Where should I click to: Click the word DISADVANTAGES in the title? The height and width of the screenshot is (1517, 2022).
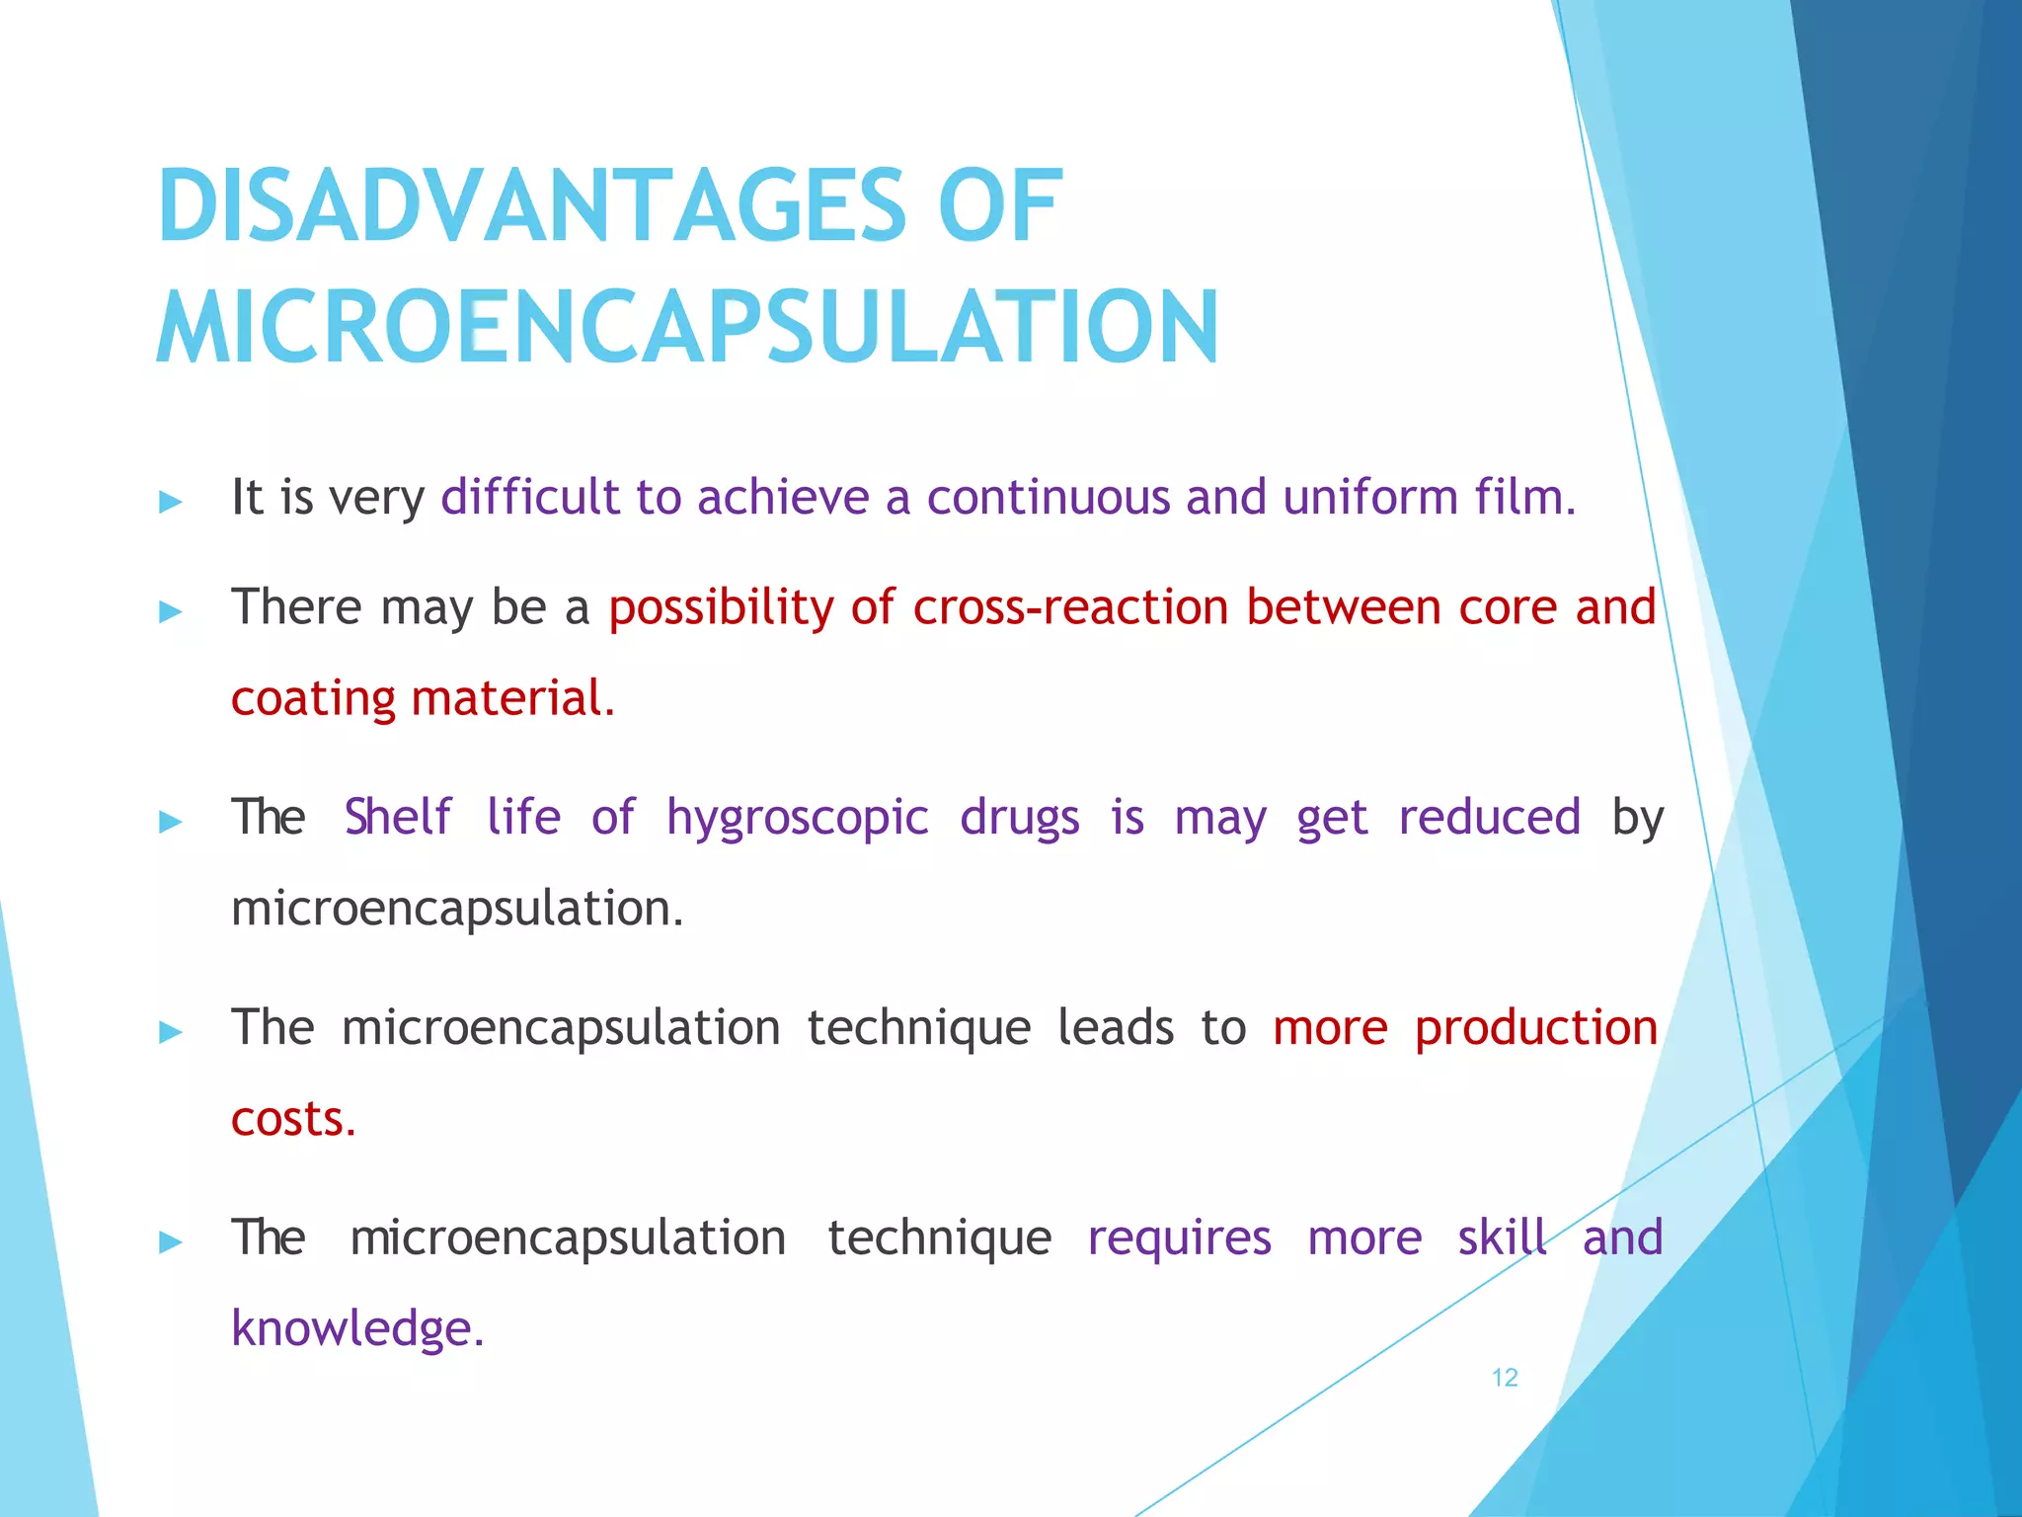coord(530,206)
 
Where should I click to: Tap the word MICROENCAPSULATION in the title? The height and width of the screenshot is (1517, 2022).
coord(687,328)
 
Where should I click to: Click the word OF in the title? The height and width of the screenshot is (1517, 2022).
coord(999,206)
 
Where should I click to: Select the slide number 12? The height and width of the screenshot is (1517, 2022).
coord(1504,1378)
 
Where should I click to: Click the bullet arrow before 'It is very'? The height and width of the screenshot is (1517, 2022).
coord(171,503)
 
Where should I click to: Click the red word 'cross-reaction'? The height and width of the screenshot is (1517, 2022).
coord(1070,607)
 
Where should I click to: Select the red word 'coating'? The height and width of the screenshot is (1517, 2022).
coord(313,699)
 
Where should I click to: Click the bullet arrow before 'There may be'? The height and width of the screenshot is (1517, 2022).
coord(171,612)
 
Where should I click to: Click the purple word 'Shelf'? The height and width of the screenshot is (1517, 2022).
coord(397,818)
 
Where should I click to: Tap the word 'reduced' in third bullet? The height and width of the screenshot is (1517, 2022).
coord(1489,818)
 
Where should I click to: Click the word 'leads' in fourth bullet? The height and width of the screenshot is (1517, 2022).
coord(1116,1028)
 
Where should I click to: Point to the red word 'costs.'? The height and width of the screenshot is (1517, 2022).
coord(293,1120)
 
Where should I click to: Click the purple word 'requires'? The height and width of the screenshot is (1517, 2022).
coord(1179,1238)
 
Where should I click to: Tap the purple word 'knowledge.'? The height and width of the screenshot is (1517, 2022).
coord(357,1329)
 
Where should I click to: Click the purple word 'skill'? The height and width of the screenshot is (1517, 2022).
coord(1502,1238)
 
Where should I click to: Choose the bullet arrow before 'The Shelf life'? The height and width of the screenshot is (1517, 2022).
coord(171,822)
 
